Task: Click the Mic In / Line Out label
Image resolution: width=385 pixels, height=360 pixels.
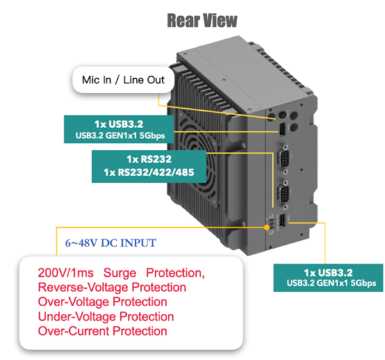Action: coord(124,81)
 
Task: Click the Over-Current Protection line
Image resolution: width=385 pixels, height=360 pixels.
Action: coord(102,331)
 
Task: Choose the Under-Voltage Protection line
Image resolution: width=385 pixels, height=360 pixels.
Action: coord(106,316)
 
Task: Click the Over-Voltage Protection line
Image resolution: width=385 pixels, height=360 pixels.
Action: coord(102,302)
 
